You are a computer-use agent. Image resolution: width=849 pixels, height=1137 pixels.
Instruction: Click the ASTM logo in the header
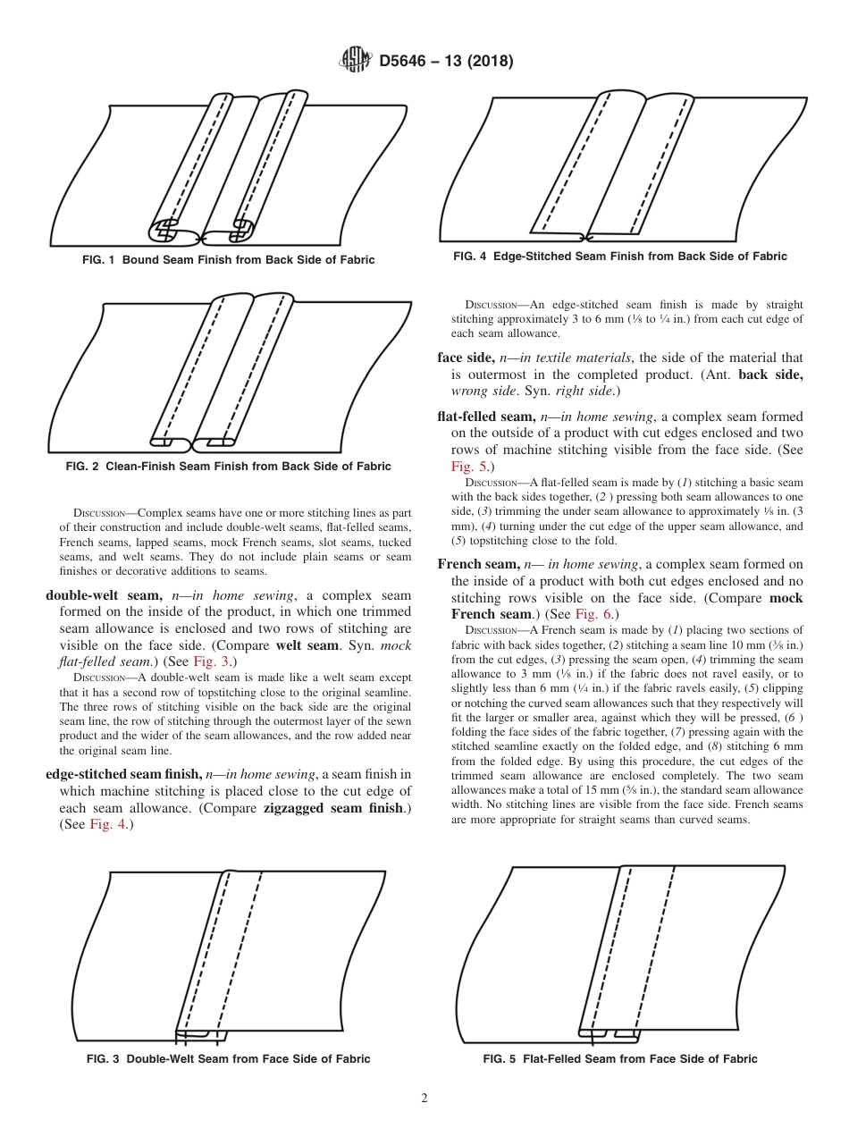(356, 61)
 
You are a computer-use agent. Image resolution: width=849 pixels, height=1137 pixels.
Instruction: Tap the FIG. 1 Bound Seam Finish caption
(228, 260)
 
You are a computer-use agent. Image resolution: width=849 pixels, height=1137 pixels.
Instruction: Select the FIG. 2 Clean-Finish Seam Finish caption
(228, 466)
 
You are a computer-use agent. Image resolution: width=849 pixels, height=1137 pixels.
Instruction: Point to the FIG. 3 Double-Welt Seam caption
(228, 1058)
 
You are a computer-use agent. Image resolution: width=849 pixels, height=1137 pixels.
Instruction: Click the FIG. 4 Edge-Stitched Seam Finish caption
(619, 257)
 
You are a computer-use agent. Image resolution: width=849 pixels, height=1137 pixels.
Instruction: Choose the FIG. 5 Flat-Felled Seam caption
(619, 1058)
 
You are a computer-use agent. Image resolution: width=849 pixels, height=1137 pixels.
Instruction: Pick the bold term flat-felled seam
(482, 417)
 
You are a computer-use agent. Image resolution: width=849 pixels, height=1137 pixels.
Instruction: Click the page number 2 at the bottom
(424, 1099)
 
